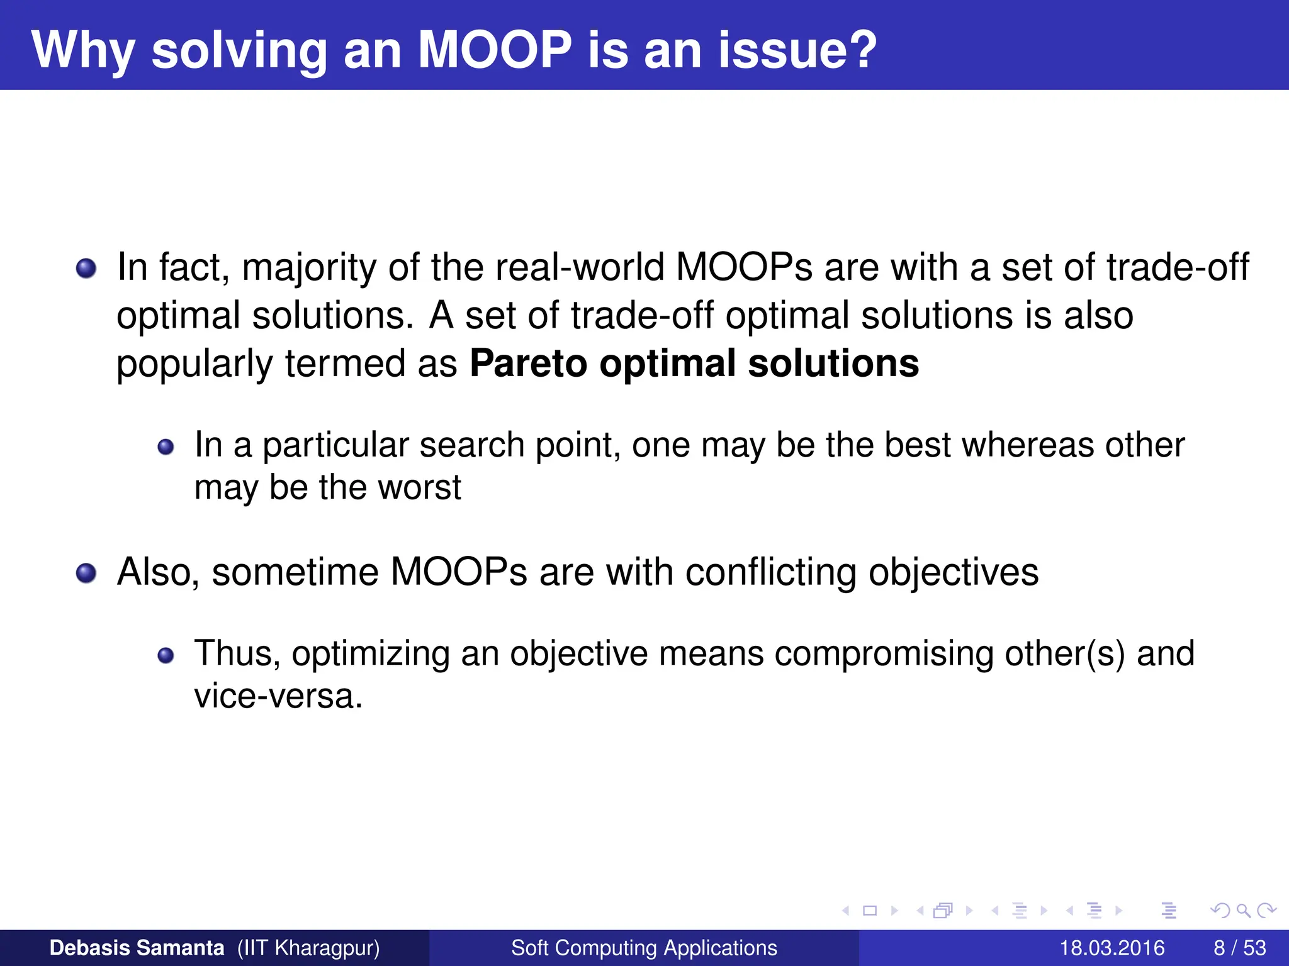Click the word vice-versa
click(278, 696)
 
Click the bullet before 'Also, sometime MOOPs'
click(86, 574)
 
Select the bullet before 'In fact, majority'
click(86, 269)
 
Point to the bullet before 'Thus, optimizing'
click(166, 656)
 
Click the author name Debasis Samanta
click(137, 948)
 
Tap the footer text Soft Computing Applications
click(644, 948)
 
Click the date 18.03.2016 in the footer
click(1112, 948)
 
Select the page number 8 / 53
click(1239, 948)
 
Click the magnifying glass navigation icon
click(1243, 910)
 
